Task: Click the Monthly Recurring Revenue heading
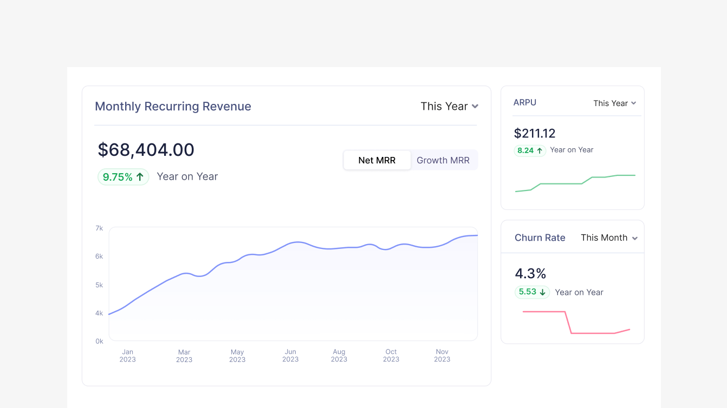[x=173, y=107]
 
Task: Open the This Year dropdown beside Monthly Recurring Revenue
[x=449, y=107]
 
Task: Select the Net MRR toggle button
[x=377, y=160]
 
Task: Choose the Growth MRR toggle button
[x=443, y=160]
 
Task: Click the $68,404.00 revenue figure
[x=146, y=150]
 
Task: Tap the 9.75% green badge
[x=123, y=177]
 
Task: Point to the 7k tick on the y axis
[x=99, y=228]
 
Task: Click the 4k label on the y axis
[x=99, y=313]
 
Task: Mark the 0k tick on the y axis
[x=99, y=341]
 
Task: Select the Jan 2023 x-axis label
[x=127, y=356]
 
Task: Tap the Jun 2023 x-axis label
[x=290, y=356]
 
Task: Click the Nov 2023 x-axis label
[x=442, y=356]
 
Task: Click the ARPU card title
[x=525, y=103]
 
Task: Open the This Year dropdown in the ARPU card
[x=614, y=103]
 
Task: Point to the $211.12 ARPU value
[x=535, y=133]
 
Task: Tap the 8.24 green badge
[x=530, y=151]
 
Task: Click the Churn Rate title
[x=540, y=238]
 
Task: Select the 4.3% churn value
[x=530, y=273]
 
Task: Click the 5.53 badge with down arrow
[x=532, y=292]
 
